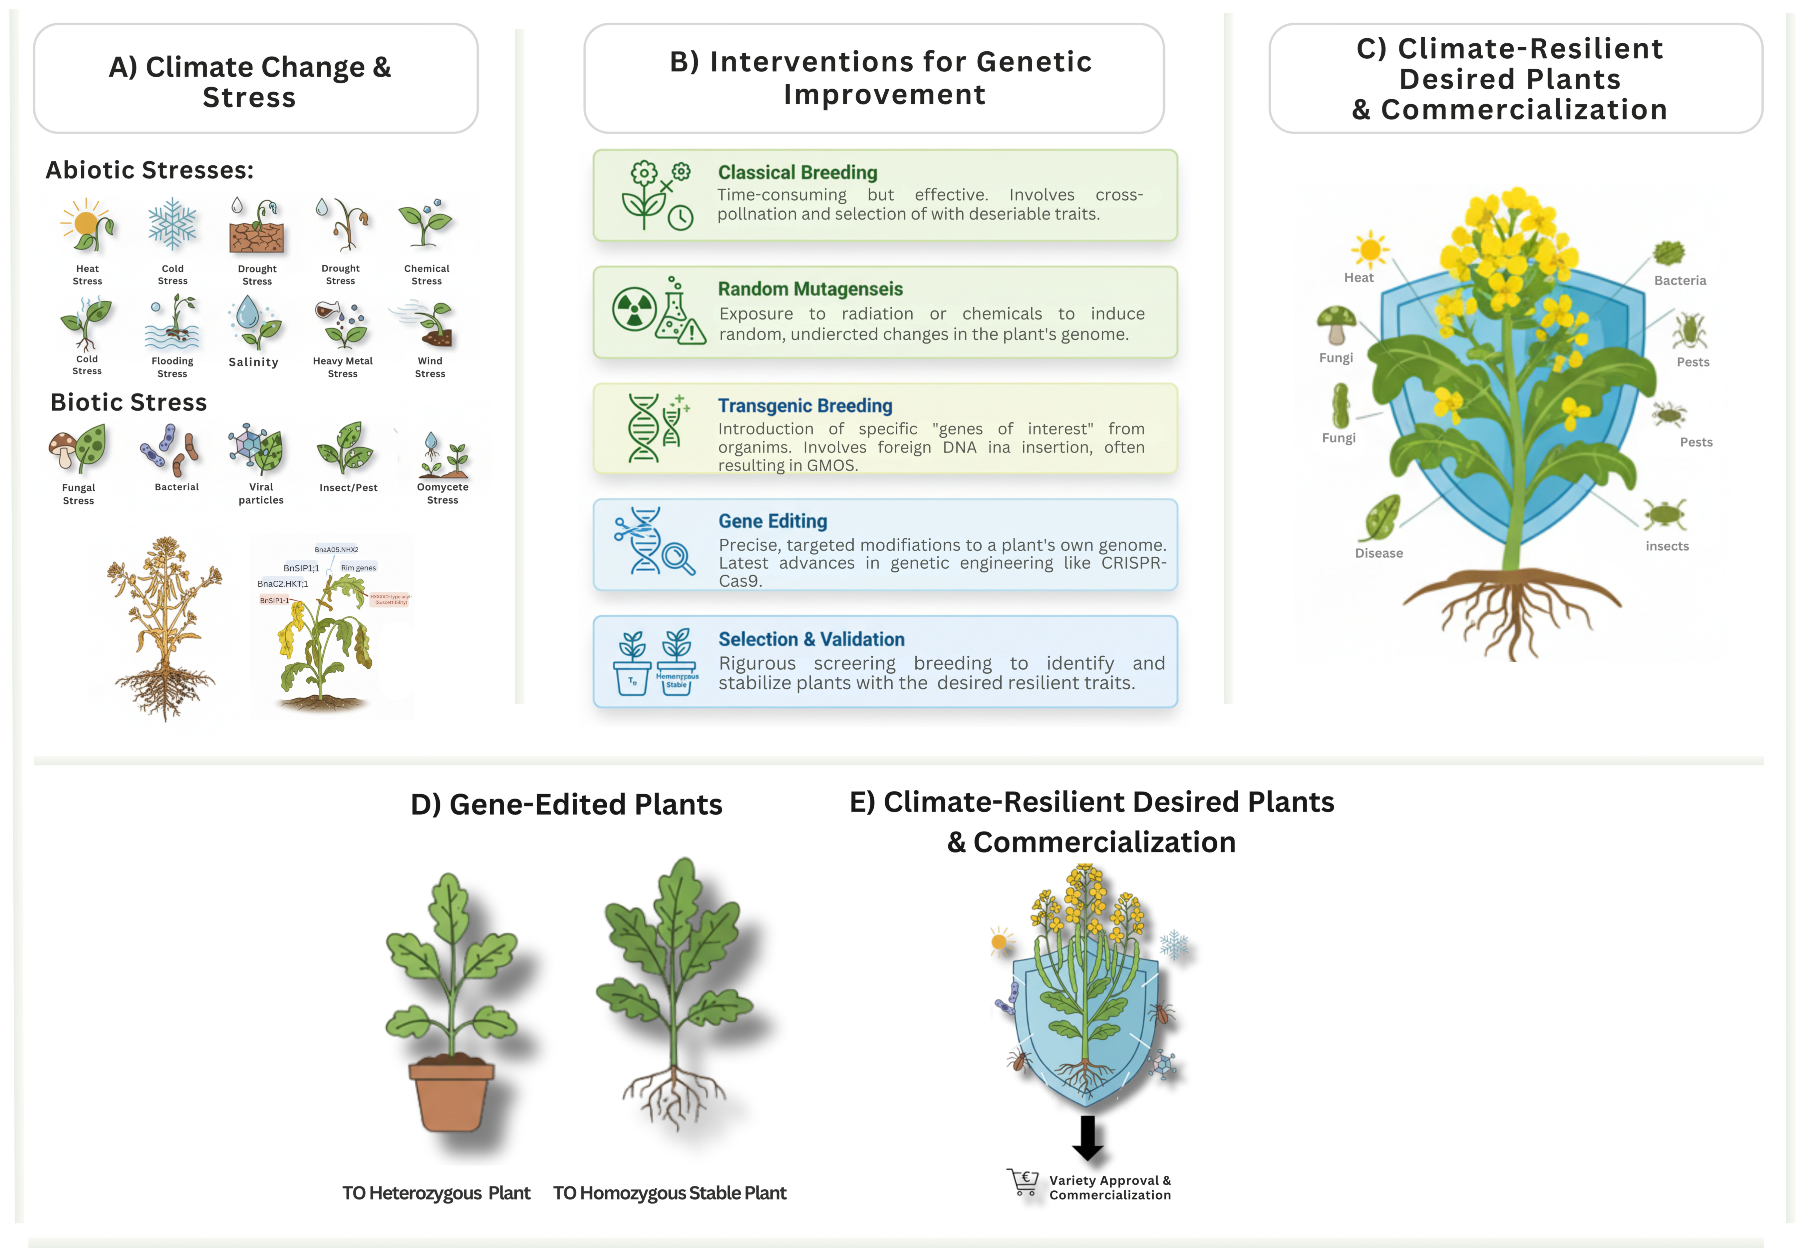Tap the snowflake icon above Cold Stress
(172, 225)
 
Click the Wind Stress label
(430, 367)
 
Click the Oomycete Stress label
(443, 493)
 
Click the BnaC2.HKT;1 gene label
(282, 583)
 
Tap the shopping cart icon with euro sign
(1024, 1182)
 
